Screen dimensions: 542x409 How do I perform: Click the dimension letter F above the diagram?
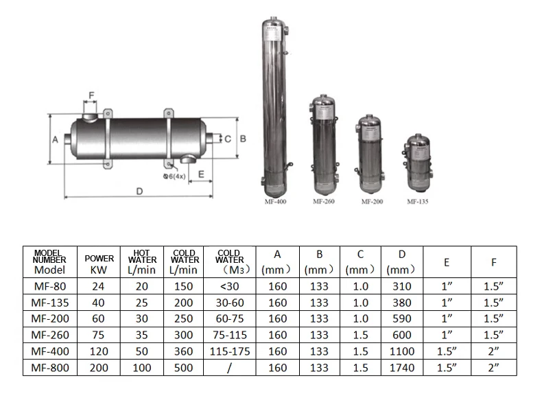92,95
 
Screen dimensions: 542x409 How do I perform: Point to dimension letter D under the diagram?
139,191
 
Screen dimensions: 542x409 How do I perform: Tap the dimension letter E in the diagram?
201,174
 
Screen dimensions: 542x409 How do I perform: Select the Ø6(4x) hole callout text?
174,176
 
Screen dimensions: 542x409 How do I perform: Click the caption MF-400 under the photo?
276,202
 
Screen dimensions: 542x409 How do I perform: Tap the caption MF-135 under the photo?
418,202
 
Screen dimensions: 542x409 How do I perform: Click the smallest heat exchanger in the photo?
418,163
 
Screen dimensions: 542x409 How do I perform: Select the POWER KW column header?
99,264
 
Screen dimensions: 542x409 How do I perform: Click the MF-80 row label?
50,286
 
